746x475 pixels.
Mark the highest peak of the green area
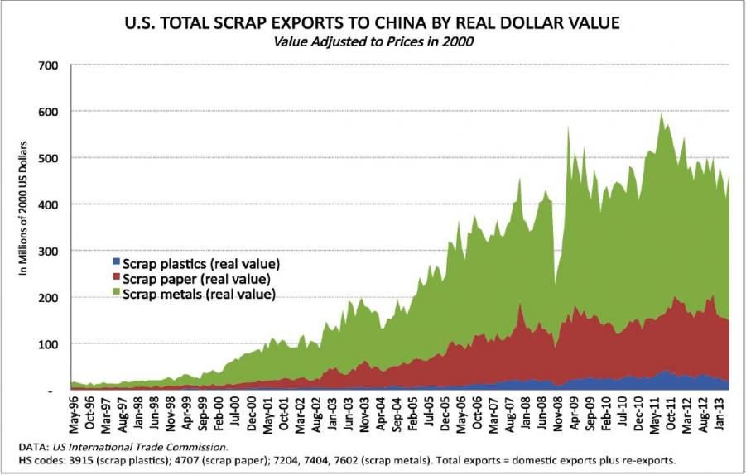coord(660,114)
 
